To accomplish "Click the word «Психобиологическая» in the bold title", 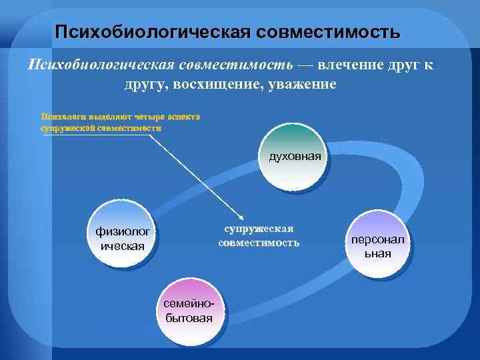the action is click(153, 31).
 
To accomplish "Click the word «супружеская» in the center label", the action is click(259, 228).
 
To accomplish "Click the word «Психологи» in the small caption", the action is click(63, 116).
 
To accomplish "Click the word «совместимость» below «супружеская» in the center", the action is click(259, 242).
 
